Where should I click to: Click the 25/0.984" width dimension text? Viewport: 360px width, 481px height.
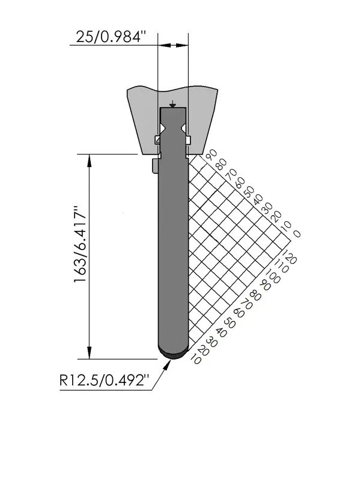tap(111, 37)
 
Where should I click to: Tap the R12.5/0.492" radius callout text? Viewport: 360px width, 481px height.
tap(104, 381)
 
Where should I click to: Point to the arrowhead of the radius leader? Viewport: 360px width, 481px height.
tap(168, 364)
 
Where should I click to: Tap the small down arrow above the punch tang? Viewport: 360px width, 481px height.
tap(173, 104)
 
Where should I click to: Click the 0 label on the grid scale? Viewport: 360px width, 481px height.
tap(296, 234)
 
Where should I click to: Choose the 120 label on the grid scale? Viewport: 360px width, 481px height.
tap(289, 257)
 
